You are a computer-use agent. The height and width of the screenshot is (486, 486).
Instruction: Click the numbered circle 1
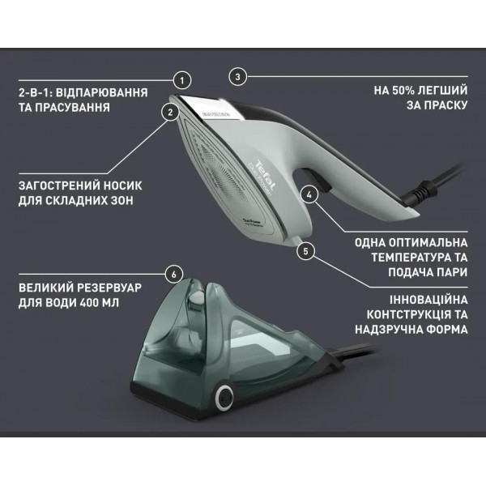[183, 79]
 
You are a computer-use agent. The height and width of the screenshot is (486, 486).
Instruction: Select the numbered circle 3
[237, 77]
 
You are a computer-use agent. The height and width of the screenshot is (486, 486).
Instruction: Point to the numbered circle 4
[309, 194]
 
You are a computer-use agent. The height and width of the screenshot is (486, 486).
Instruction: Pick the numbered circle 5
[305, 250]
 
